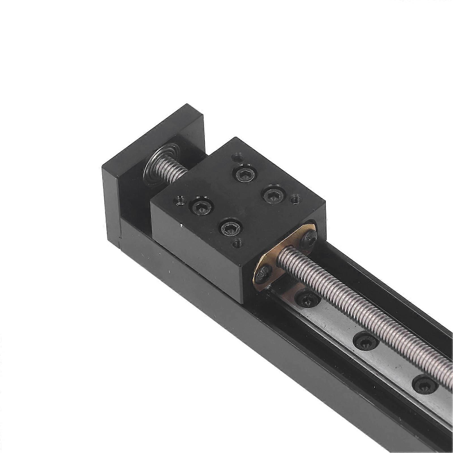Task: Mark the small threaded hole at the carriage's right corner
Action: coord(296,199)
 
